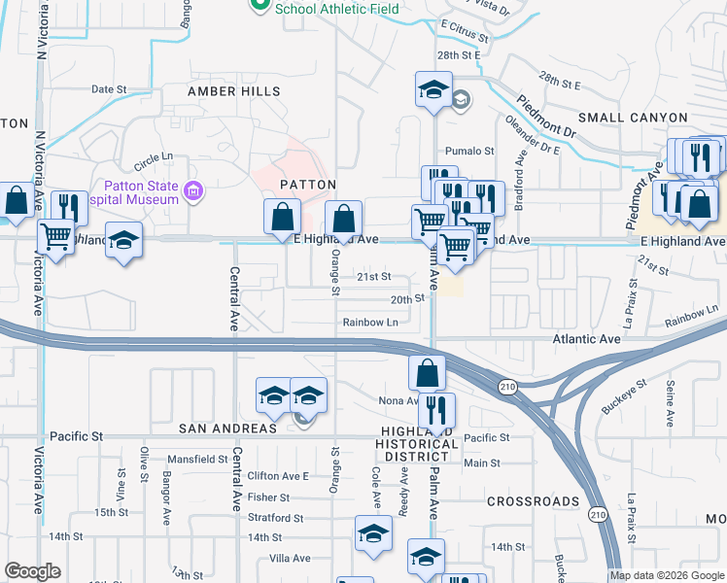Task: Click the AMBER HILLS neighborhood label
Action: [x=233, y=91]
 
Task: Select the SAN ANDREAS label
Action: [x=228, y=429]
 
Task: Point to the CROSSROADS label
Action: [x=533, y=501]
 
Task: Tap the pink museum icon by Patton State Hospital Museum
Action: [x=194, y=189]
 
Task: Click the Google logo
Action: [x=32, y=571]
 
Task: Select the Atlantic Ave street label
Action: [x=586, y=339]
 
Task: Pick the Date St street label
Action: [x=109, y=88]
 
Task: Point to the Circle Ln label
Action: [x=153, y=155]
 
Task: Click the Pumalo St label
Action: [x=469, y=152]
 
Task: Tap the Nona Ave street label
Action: [x=398, y=400]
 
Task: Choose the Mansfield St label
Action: [x=196, y=459]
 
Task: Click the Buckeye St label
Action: [x=624, y=395]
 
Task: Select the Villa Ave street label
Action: [x=290, y=558]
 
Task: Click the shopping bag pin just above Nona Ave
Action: [x=427, y=372]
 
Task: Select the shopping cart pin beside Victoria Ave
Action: [x=56, y=236]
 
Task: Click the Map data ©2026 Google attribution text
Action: [x=667, y=575]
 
